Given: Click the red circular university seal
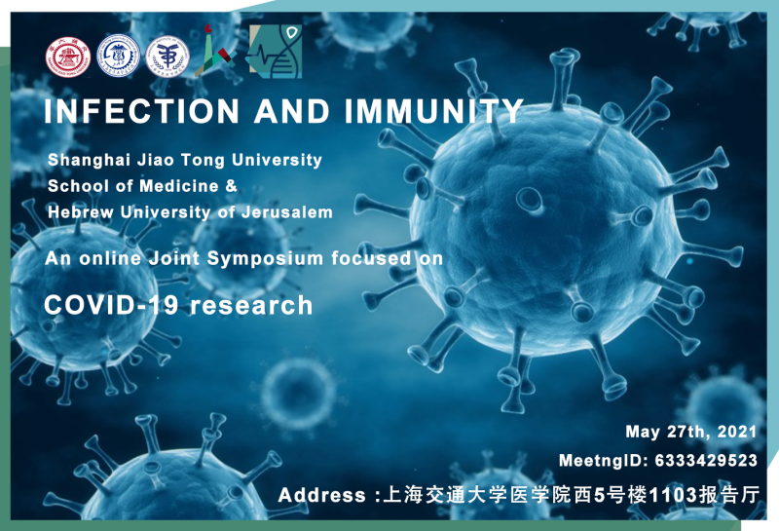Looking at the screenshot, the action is [68, 57].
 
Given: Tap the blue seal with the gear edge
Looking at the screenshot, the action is [118, 56].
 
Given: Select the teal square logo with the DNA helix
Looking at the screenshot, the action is [276, 52].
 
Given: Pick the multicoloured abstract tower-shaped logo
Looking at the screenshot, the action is [214, 52].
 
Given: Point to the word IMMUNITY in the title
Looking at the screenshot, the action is [434, 111].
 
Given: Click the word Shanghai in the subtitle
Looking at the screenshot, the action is [89, 161].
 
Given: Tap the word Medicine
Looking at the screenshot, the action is [179, 186].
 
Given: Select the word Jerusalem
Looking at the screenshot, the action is [287, 212].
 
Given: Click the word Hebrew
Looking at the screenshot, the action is [81, 212].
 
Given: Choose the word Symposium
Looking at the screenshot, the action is [265, 258].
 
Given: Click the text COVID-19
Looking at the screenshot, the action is [111, 305].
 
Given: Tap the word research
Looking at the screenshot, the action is [251, 305].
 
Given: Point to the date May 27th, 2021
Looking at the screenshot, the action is [691, 432].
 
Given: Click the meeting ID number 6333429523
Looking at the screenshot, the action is [706, 461].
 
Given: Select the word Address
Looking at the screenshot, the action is [322, 495].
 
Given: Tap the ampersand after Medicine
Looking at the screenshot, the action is [232, 186].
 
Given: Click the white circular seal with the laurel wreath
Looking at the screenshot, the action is [167, 57].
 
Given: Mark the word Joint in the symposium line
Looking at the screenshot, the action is [174, 258].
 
